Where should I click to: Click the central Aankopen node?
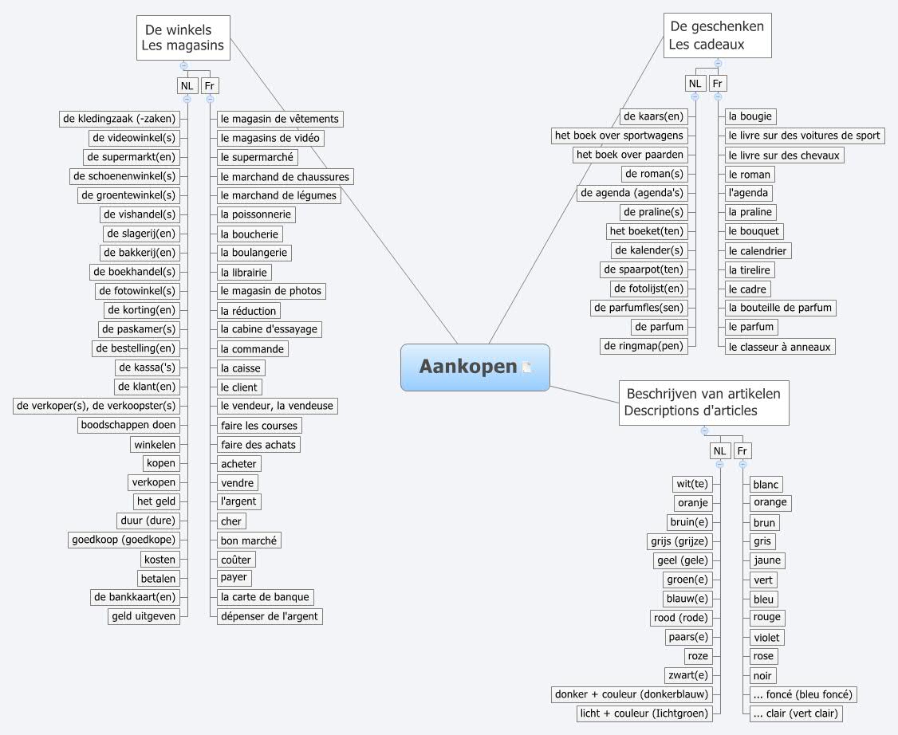(x=467, y=367)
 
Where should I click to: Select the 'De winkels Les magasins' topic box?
(x=183, y=37)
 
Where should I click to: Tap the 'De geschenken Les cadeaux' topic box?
(x=717, y=36)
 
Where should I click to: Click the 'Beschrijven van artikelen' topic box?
(x=703, y=403)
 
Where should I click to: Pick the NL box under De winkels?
(x=187, y=85)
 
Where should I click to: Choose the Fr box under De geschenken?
(x=718, y=83)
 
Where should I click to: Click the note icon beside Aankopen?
(x=527, y=367)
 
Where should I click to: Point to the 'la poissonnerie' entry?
(x=256, y=214)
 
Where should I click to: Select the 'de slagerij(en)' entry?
(x=140, y=234)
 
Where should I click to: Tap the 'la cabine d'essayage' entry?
(x=270, y=329)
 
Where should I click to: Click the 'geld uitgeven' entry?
(x=144, y=616)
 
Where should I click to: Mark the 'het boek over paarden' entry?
(x=629, y=155)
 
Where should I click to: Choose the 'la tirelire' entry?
(x=749, y=269)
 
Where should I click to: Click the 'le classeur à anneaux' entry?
(x=779, y=347)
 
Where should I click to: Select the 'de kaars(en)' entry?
(x=653, y=116)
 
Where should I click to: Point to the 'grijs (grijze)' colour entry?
(x=679, y=541)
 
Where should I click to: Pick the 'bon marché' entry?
(x=249, y=540)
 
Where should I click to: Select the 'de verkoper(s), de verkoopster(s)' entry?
(x=96, y=406)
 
